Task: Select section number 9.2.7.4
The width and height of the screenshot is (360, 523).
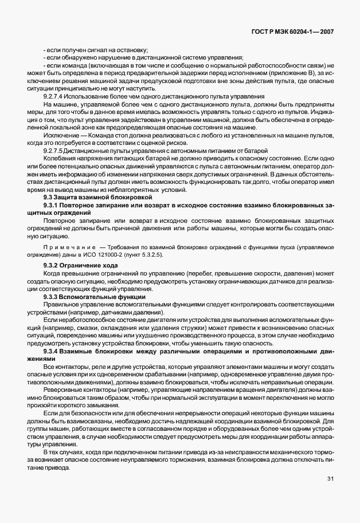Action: (54, 97)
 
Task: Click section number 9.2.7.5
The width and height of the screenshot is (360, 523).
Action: (54, 150)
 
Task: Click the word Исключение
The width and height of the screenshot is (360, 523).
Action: (59, 132)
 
